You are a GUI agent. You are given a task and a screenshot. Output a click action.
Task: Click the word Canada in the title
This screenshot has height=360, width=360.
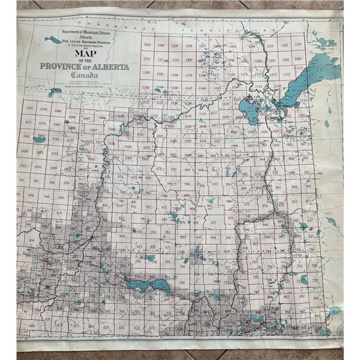pos(90,75)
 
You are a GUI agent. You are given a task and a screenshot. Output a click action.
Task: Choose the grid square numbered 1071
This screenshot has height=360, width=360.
pos(28,122)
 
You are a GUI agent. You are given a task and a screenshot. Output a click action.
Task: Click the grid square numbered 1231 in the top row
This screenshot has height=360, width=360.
pos(298,46)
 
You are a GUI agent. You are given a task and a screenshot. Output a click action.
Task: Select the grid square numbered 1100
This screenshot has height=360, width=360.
pos(43,109)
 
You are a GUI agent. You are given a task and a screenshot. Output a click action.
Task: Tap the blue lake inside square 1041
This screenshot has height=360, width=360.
pos(40,137)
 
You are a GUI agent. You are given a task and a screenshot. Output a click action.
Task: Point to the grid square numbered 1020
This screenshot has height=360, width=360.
pos(25,151)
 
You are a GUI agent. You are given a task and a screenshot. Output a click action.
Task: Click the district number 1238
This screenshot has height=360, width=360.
pos(188,46)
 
